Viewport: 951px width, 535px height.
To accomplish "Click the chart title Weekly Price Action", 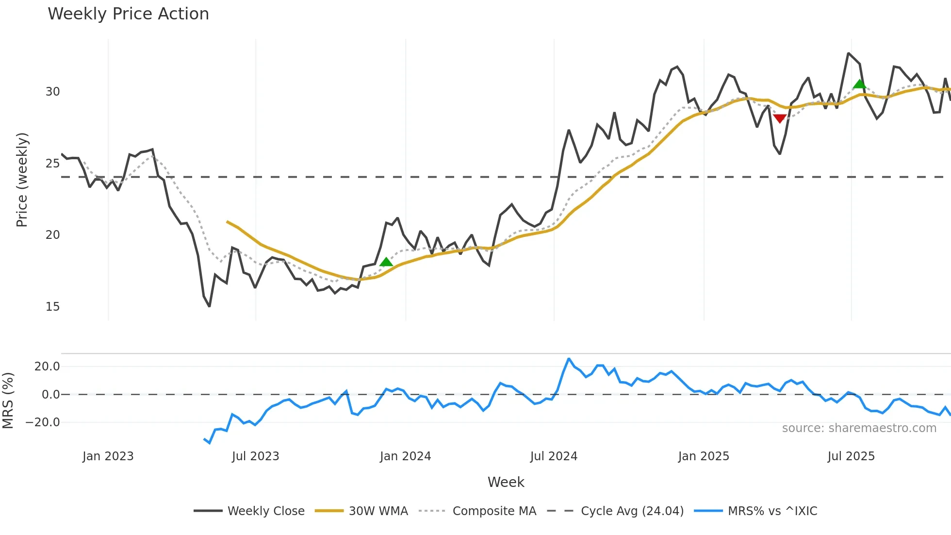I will (128, 14).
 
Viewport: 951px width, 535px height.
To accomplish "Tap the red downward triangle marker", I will (780, 118).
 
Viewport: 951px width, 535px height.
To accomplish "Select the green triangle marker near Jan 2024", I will (386, 262).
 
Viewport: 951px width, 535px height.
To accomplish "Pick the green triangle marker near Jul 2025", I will (859, 84).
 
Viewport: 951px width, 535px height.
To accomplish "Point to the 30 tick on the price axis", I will (52, 92).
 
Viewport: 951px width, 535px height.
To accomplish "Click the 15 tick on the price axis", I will (52, 307).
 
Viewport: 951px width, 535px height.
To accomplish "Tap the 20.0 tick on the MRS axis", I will (47, 367).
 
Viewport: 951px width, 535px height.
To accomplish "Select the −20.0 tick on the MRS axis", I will (43, 422).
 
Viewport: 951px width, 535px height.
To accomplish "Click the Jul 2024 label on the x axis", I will (554, 456).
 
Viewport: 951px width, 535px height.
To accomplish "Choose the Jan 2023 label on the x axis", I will (108, 456).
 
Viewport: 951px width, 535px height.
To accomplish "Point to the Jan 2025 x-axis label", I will (704, 456).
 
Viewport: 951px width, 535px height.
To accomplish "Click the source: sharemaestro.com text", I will (859, 428).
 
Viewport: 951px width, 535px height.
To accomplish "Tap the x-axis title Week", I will (506, 482).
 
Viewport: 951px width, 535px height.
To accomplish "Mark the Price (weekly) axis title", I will (22, 180).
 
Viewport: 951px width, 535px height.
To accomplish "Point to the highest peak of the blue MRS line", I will (569, 359).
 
